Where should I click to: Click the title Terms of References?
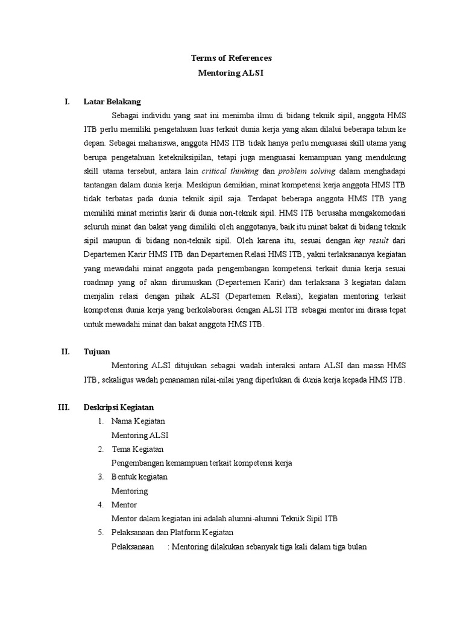click(231, 58)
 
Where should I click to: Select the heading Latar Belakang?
click(112, 101)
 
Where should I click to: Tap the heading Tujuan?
click(96, 351)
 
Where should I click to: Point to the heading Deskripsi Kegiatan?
click(119, 407)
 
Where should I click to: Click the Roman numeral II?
click(66, 351)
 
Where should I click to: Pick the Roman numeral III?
click(65, 407)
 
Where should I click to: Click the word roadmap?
click(98, 281)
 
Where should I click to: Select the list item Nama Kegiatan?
click(138, 421)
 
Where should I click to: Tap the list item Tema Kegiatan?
click(137, 449)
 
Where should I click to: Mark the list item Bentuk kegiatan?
click(139, 477)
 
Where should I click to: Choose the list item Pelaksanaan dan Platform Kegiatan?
click(172, 533)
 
